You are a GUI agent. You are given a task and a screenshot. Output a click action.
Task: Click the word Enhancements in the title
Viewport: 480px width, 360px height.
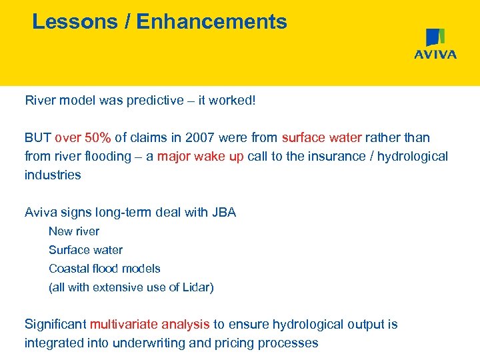coord(211,21)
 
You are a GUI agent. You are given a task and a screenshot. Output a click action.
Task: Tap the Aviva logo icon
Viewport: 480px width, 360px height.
coord(435,38)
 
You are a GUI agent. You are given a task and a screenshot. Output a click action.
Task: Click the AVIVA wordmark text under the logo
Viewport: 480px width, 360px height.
coord(435,55)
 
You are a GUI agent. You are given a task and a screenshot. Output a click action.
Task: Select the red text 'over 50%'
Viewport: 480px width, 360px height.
coord(83,138)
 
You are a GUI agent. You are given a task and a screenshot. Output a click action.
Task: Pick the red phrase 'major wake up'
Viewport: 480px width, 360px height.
coord(200,157)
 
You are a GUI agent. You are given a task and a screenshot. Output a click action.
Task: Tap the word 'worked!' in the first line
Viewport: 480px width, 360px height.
coord(233,101)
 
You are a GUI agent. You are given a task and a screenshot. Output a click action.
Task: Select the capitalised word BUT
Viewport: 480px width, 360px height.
coord(38,138)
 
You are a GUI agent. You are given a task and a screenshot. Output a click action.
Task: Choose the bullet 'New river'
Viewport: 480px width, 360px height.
coord(74,231)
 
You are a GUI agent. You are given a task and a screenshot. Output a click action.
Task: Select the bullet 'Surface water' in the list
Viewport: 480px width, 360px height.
coord(85,250)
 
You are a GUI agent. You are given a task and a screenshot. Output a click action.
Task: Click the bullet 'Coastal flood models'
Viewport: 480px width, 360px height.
coord(105,269)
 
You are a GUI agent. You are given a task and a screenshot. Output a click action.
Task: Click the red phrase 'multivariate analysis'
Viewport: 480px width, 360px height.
coord(149,325)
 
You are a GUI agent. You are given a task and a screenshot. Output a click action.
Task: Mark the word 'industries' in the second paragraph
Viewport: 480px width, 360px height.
coord(53,175)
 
